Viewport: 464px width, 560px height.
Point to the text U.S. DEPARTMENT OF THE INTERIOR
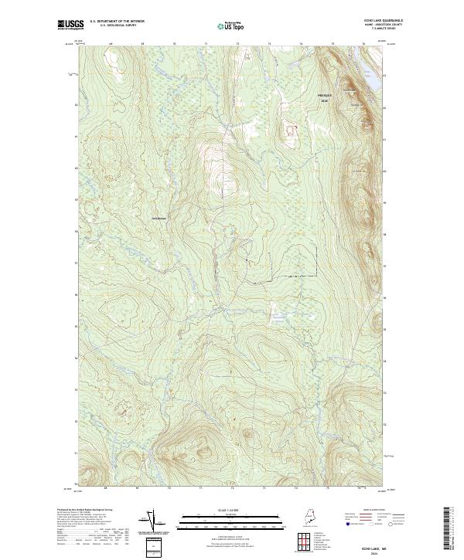(117, 21)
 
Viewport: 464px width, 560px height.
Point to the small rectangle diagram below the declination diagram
(152, 548)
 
